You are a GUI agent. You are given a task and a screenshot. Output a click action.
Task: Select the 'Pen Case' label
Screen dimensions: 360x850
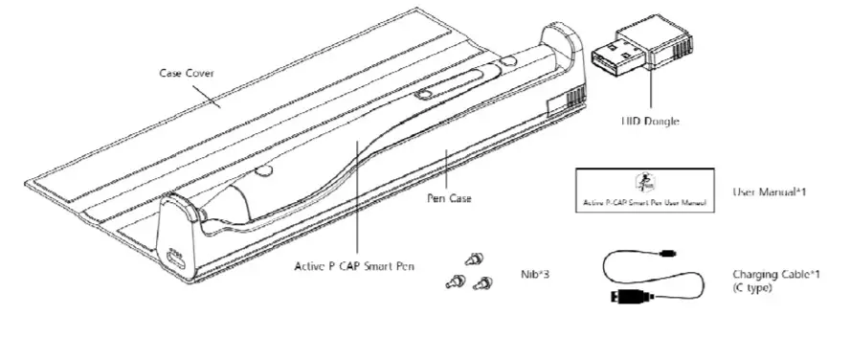[x=449, y=199]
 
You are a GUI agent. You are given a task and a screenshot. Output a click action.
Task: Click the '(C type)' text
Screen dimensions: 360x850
[x=752, y=288]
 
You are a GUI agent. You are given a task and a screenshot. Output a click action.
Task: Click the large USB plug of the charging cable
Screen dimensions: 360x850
[x=626, y=295]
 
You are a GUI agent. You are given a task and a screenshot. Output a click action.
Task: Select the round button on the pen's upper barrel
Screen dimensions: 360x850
[x=420, y=94]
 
